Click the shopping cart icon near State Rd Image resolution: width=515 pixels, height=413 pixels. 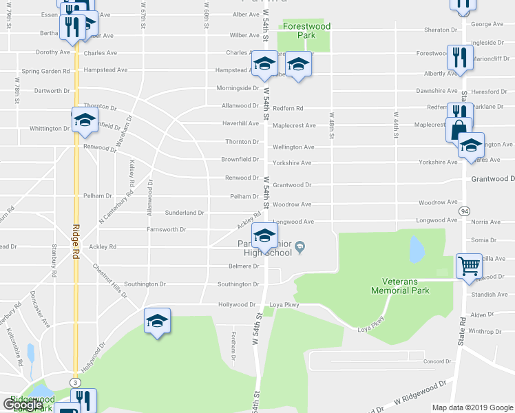coord(469,264)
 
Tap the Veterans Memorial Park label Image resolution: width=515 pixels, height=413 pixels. coord(410,286)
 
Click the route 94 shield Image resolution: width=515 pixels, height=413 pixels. coord(465,212)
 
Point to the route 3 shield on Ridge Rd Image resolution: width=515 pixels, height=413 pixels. coord(74,381)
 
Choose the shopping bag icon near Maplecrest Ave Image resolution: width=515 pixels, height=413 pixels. coord(459,129)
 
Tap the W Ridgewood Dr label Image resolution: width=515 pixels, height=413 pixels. coord(417,399)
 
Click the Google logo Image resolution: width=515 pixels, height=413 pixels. coord(22,405)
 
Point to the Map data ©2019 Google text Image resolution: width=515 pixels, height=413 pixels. coord(472,407)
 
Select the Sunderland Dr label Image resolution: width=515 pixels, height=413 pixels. coord(185,213)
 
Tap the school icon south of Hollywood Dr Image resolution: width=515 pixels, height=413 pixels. coord(157,321)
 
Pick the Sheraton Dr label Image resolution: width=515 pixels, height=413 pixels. coord(440,30)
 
